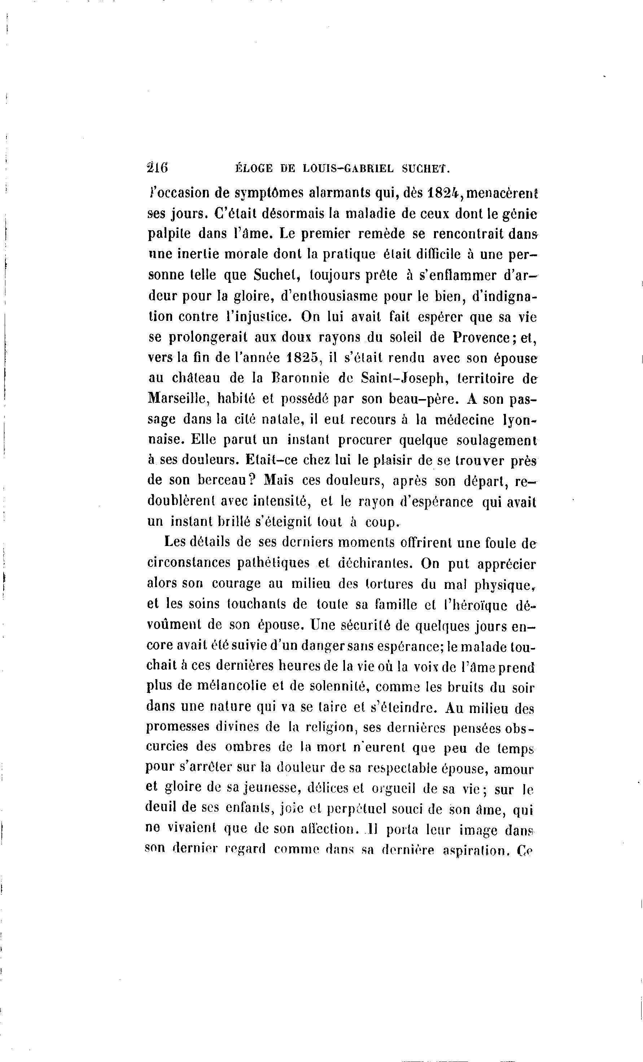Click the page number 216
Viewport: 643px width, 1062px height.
tap(157, 168)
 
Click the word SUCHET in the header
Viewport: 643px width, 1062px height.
tap(425, 169)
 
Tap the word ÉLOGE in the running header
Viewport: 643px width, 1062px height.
tap(254, 169)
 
